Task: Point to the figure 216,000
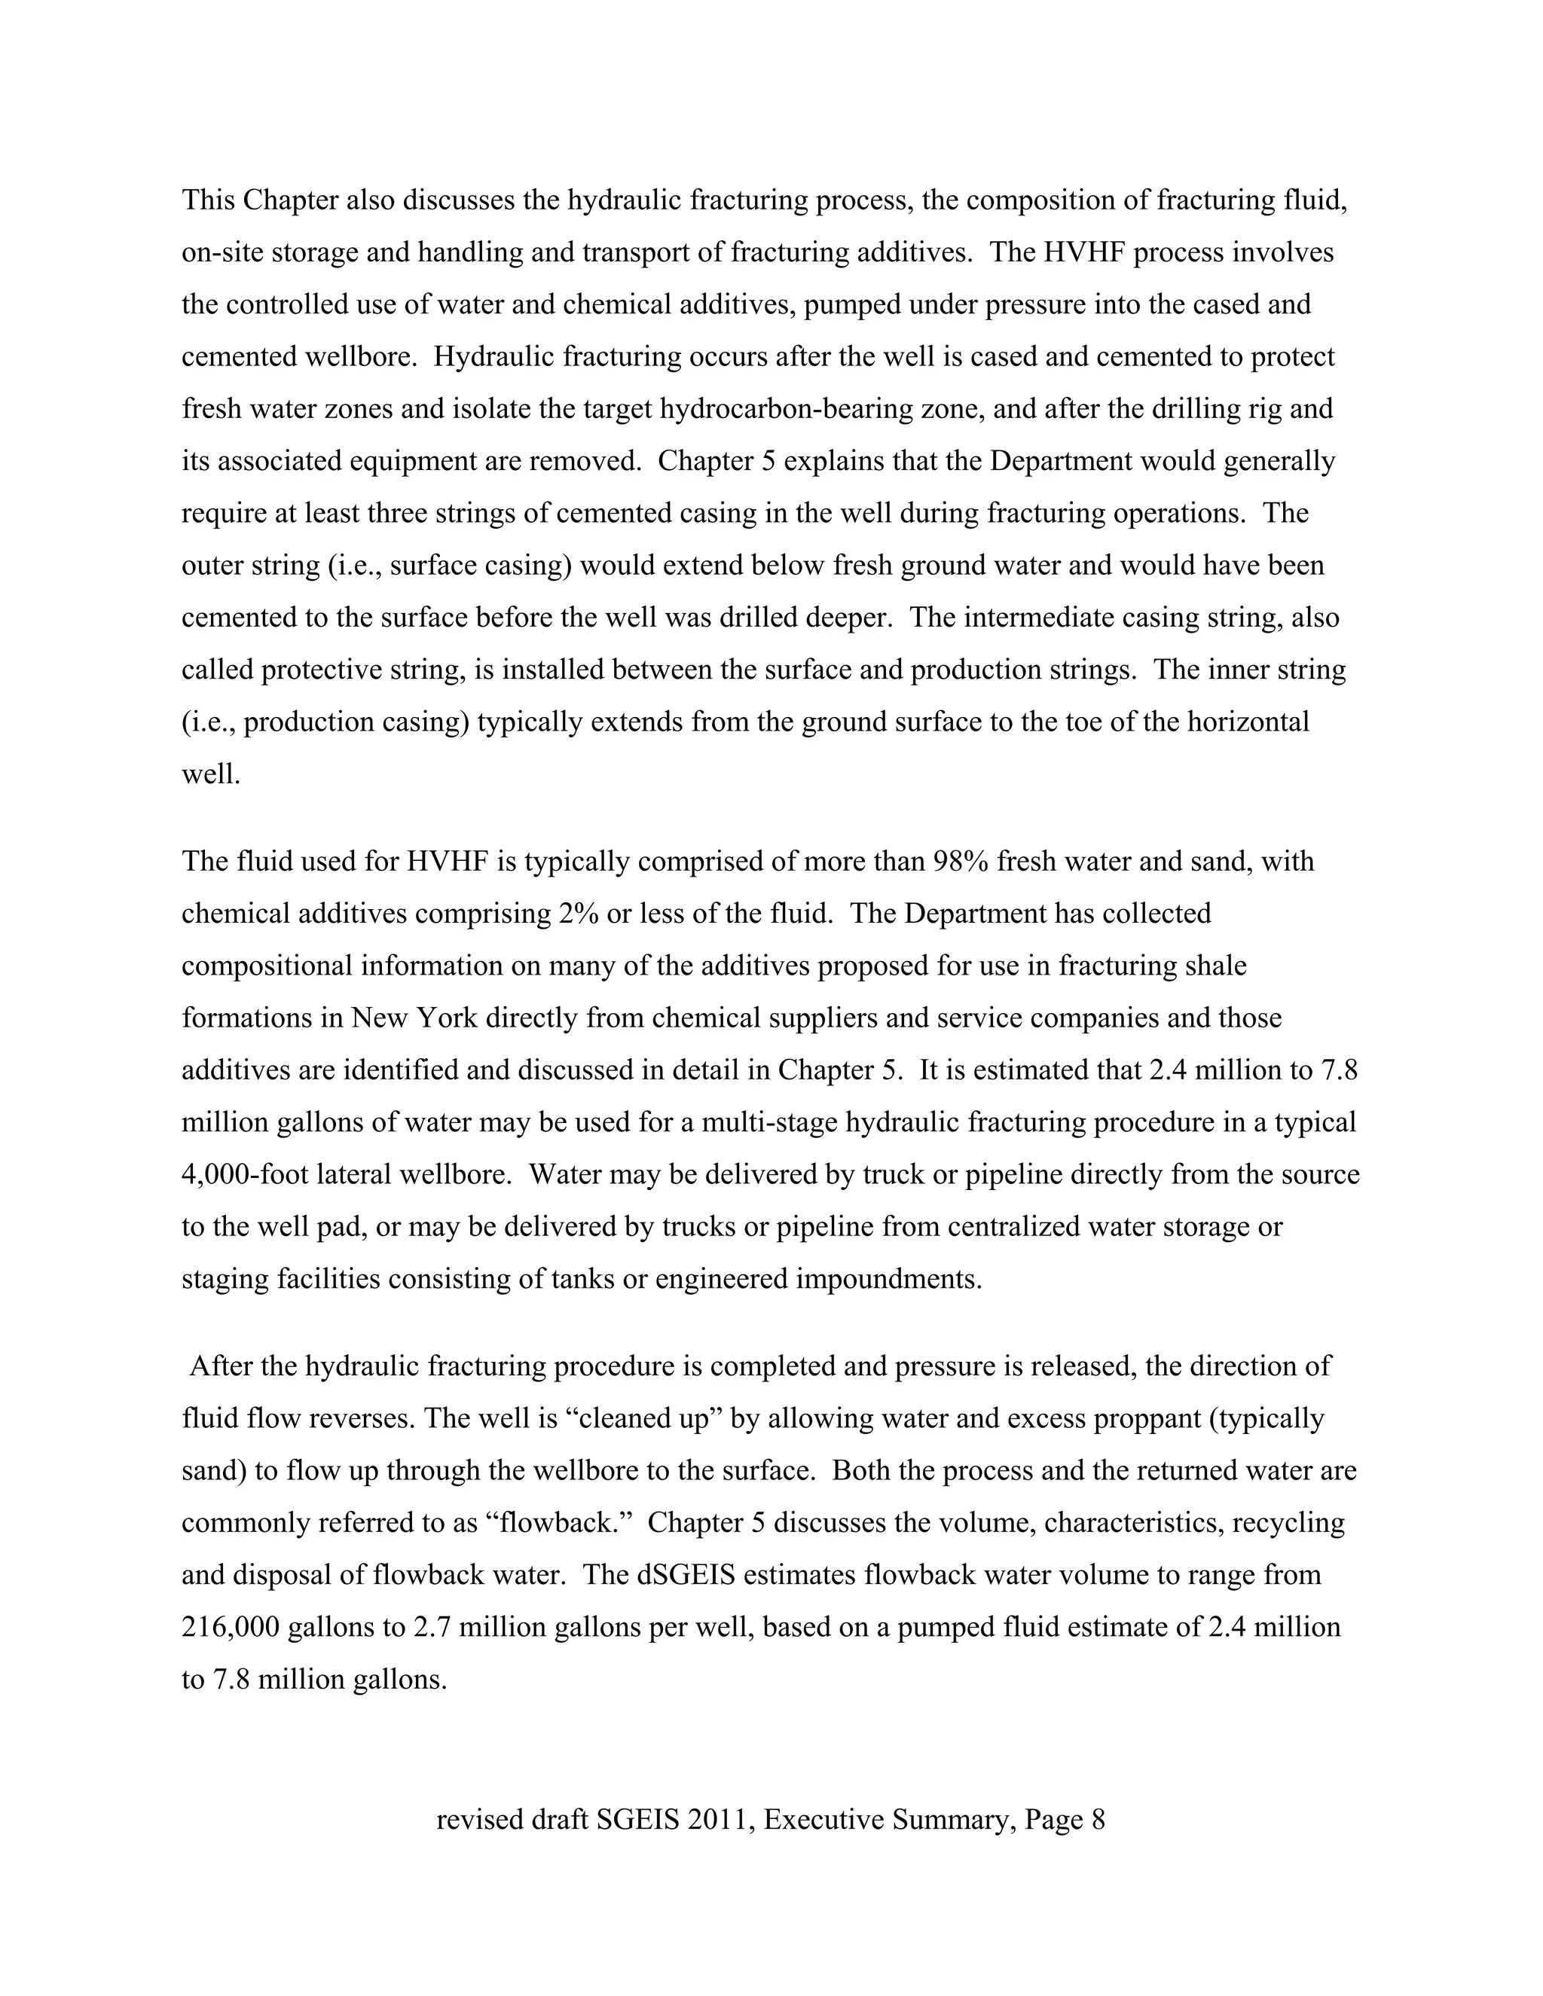coord(231,1627)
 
